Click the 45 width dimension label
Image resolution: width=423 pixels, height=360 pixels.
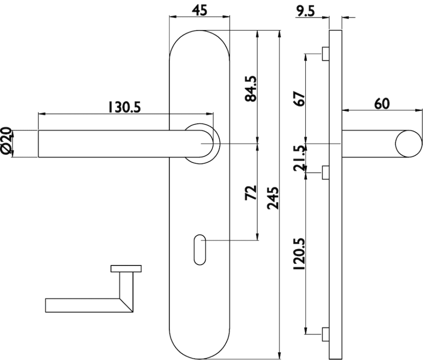[x=199, y=10]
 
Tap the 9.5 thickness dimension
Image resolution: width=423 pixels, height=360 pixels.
[x=305, y=11]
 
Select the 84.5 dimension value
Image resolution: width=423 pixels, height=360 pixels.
[x=251, y=89]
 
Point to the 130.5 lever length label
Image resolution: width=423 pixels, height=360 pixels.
[x=125, y=107]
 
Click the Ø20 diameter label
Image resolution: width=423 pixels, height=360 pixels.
[x=6, y=142]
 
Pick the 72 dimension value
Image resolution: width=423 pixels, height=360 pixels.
[x=251, y=193]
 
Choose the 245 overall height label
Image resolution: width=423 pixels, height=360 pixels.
[x=273, y=198]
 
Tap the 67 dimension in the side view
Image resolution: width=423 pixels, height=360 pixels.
[x=299, y=99]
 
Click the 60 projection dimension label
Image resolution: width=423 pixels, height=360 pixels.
[x=382, y=103]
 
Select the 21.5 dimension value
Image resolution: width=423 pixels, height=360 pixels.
[x=299, y=158]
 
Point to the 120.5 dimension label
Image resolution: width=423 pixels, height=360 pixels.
[x=299, y=254]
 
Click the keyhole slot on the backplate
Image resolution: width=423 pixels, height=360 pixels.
[x=200, y=250]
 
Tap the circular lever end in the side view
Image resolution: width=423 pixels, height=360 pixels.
[x=409, y=144]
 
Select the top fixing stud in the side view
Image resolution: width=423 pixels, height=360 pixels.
[x=325, y=54]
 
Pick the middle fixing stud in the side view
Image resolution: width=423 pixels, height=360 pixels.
[x=325, y=172]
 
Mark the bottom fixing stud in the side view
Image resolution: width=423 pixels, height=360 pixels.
[x=325, y=334]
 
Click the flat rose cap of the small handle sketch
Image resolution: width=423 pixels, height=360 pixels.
[x=126, y=269]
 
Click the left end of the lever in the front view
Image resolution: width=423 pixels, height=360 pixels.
[x=38, y=144]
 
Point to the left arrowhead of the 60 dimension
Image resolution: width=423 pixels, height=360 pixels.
[x=345, y=110]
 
